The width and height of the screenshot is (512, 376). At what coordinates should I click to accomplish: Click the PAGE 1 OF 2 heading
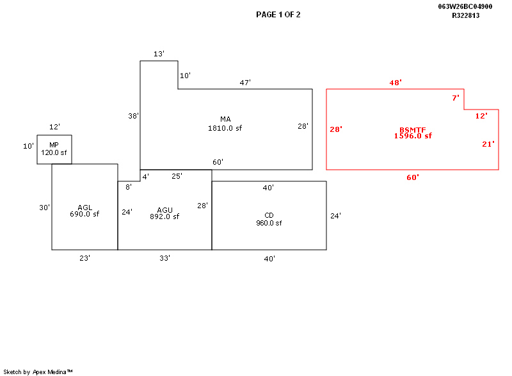pyautogui.click(x=278, y=15)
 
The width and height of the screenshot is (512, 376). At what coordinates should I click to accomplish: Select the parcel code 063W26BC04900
pyautogui.click(x=465, y=6)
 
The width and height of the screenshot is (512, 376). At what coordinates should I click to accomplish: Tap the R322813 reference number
pyautogui.click(x=466, y=15)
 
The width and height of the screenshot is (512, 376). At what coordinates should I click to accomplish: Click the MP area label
pyautogui.click(x=54, y=145)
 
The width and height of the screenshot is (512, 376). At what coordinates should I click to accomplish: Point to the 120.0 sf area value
pyautogui.click(x=54, y=153)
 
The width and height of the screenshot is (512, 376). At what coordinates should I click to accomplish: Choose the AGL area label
pyautogui.click(x=84, y=208)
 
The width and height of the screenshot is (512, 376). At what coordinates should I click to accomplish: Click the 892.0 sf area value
pyautogui.click(x=164, y=217)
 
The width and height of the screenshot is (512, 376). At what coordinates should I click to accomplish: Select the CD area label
pyautogui.click(x=269, y=215)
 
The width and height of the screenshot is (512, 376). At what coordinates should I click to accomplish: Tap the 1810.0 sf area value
pyautogui.click(x=225, y=128)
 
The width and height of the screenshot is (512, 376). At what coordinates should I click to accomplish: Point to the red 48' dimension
pyautogui.click(x=396, y=83)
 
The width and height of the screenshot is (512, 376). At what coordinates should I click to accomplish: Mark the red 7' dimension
pyautogui.click(x=456, y=98)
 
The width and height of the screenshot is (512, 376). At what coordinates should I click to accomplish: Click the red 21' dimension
pyautogui.click(x=488, y=144)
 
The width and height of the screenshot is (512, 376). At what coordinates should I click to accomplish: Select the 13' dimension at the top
pyautogui.click(x=159, y=54)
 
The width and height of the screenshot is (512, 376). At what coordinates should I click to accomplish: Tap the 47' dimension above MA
pyautogui.click(x=245, y=83)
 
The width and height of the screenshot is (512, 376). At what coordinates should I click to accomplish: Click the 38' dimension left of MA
pyautogui.click(x=133, y=116)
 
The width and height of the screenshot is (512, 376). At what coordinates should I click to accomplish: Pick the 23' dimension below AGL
pyautogui.click(x=84, y=258)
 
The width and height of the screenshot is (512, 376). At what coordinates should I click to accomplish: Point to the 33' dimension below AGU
pyautogui.click(x=164, y=258)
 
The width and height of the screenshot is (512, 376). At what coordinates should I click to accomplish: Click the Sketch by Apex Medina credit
pyautogui.click(x=38, y=372)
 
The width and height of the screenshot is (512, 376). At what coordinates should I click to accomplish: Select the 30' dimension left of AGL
pyautogui.click(x=44, y=208)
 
